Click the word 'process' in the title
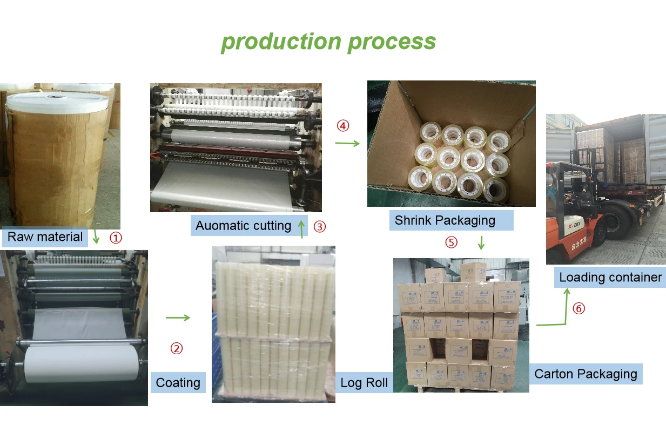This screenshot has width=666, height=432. (x=391, y=42)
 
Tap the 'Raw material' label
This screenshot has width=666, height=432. (x=45, y=237)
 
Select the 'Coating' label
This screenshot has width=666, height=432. (x=178, y=383)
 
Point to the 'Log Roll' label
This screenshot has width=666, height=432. (x=364, y=383)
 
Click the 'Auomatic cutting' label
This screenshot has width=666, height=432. (x=243, y=225)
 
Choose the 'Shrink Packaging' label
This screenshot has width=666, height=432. (x=445, y=220)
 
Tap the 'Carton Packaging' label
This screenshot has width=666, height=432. (x=586, y=374)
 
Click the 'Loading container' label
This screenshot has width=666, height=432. (x=610, y=278)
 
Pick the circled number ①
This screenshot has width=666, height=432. (x=116, y=238)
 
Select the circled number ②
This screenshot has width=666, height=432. (x=177, y=349)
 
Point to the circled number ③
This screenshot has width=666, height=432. (x=320, y=227)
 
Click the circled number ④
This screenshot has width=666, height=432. (x=343, y=126)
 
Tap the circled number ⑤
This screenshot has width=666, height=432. (x=451, y=242)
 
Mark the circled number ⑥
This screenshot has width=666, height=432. (x=578, y=309)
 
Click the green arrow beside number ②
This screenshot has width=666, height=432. (x=178, y=318)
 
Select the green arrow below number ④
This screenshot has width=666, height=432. (x=347, y=143)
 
